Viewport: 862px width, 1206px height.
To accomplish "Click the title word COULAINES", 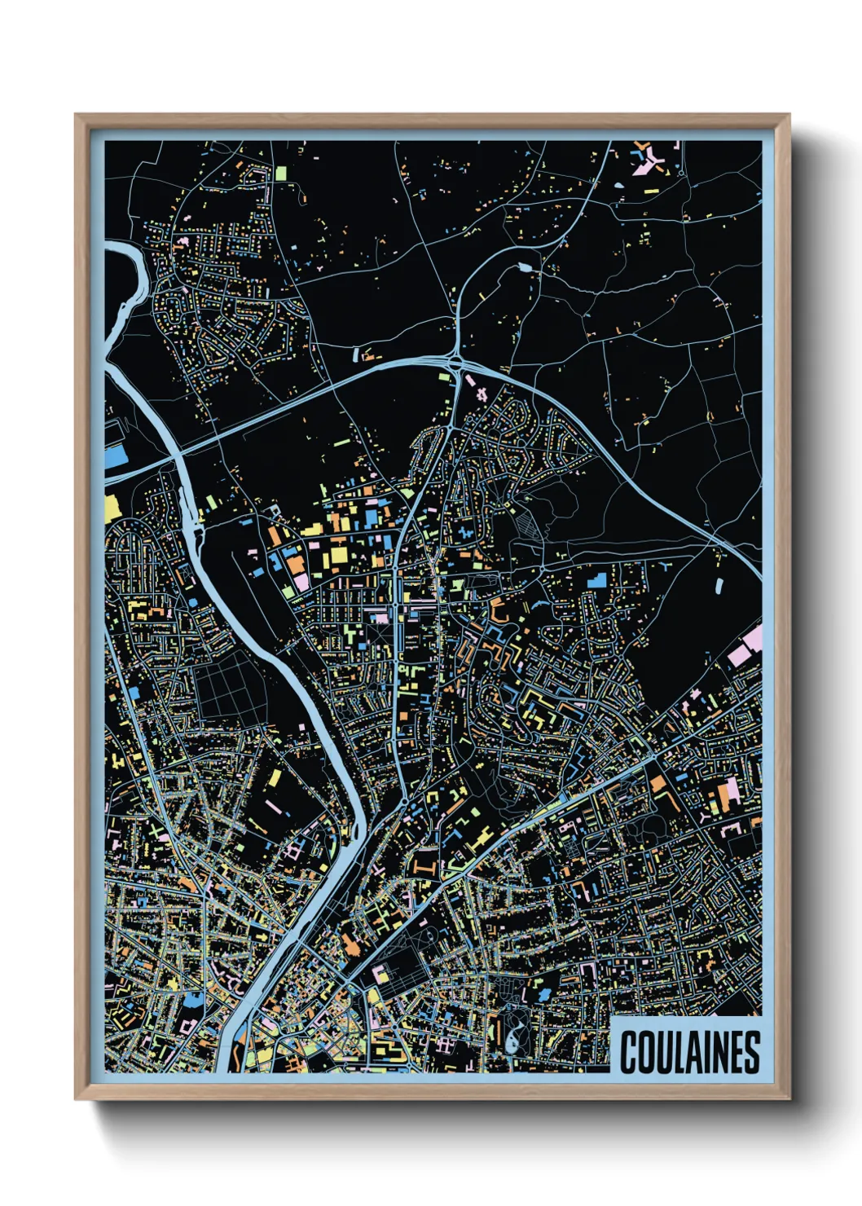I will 689,1052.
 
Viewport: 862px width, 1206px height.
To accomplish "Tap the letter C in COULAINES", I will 629,1052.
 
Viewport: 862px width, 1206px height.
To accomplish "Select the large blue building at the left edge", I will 116,456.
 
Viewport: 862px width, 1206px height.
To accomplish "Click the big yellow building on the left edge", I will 112,506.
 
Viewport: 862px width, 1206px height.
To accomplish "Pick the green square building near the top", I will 281,173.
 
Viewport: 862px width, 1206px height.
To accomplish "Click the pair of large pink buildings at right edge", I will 745,645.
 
